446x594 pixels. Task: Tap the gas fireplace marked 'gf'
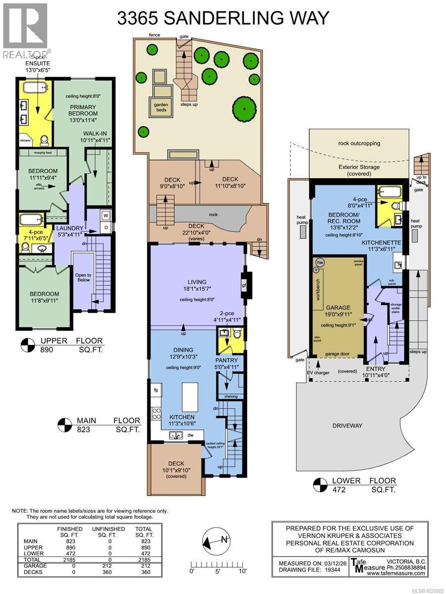(244, 286)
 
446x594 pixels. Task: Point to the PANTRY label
(227, 360)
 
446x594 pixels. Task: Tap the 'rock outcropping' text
(359, 144)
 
